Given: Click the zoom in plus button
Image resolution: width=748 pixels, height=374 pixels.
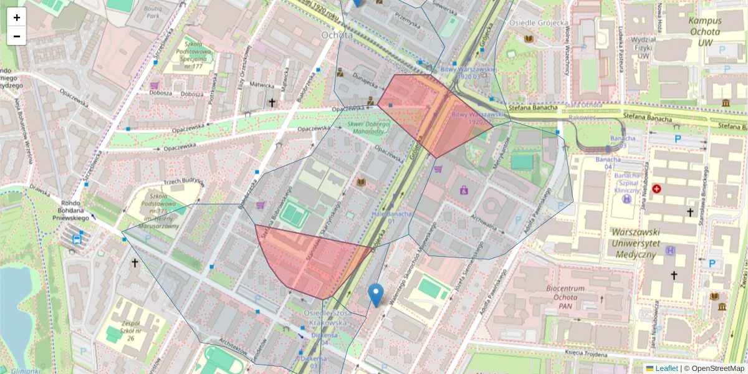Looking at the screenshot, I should point(16,17).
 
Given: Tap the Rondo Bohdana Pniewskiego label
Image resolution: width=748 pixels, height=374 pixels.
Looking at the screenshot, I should point(73,209).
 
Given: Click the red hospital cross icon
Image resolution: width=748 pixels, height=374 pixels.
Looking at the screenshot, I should point(656,188).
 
